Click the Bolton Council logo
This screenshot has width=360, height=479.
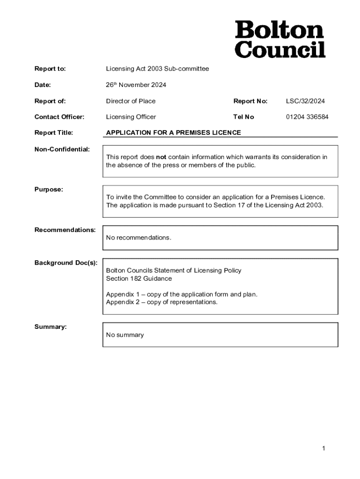point(280,39)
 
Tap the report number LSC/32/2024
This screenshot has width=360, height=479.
point(305,101)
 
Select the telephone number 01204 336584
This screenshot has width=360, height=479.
point(307,117)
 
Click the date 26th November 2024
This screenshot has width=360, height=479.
point(136,85)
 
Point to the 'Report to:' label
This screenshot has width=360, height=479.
point(50,69)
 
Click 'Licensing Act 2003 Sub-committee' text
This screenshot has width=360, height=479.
point(157,69)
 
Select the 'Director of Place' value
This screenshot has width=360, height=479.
point(130,101)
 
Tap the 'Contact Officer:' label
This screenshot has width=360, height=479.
point(59,117)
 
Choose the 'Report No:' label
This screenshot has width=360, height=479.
point(250,101)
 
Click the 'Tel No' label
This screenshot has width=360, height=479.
point(244,117)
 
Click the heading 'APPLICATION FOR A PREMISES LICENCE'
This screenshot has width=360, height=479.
point(173,133)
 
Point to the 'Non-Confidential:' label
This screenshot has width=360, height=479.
point(62,149)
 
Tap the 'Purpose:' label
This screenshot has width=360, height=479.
point(49,189)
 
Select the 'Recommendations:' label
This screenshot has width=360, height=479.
point(65,230)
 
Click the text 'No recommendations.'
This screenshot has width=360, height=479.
point(138,238)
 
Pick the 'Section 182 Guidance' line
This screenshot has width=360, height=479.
point(139,279)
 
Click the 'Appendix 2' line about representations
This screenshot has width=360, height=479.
point(161,302)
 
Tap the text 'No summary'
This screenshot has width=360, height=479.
point(125,335)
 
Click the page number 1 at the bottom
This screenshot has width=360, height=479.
point(323,449)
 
